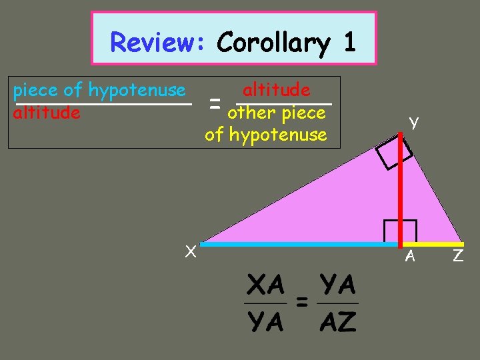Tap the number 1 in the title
(x=349, y=43)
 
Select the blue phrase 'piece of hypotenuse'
(x=99, y=89)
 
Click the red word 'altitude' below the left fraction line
(x=47, y=113)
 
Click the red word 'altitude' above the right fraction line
(x=276, y=89)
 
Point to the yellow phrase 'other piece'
(x=276, y=113)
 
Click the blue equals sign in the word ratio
(x=215, y=102)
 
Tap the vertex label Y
(x=414, y=122)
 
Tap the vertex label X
(x=190, y=251)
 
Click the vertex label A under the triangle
(x=411, y=255)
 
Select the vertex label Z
(x=458, y=255)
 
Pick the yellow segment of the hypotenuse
(x=433, y=245)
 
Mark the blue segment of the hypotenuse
(x=300, y=245)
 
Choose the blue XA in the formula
(x=265, y=286)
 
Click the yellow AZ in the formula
(x=337, y=323)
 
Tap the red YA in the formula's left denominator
(x=265, y=323)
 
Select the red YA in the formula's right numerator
(x=337, y=286)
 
